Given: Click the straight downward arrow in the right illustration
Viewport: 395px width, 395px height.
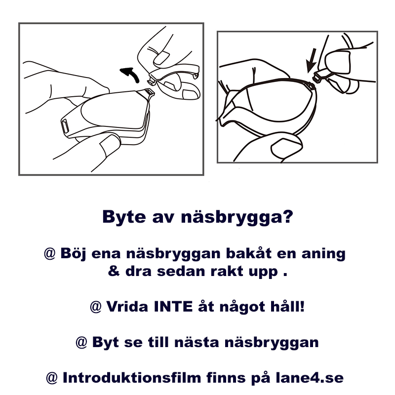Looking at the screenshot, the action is coord(312,60).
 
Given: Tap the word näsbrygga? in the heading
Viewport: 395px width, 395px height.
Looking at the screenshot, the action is coord(237,217).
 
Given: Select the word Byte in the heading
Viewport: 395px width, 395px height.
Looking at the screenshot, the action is coord(124,217).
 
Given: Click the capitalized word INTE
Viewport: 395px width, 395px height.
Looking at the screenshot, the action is coord(173,307).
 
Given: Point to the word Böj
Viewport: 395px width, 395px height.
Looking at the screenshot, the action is coord(73,253).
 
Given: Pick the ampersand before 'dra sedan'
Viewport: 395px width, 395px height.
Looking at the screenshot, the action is coord(114,271).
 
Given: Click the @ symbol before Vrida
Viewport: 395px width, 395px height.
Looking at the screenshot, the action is coord(96,307).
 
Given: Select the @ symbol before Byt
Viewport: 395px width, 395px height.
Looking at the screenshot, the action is coord(81,342).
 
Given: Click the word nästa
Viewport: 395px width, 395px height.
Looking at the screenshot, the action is coord(197,342).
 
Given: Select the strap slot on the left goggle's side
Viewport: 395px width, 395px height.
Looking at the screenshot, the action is coord(65,125).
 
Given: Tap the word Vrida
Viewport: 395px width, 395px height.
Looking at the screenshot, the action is coord(127,307).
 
